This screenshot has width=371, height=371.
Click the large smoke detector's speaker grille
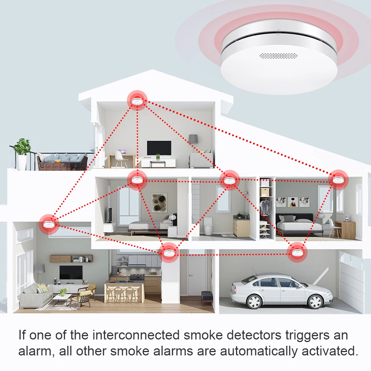pos(279,56)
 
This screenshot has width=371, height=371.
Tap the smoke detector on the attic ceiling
pos(137,100)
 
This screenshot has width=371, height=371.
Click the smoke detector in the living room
pos(49,223)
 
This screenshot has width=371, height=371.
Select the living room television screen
pos(70,272)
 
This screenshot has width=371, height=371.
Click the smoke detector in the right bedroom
pos(338,179)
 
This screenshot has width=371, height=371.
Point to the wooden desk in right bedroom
pos(345,229)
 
